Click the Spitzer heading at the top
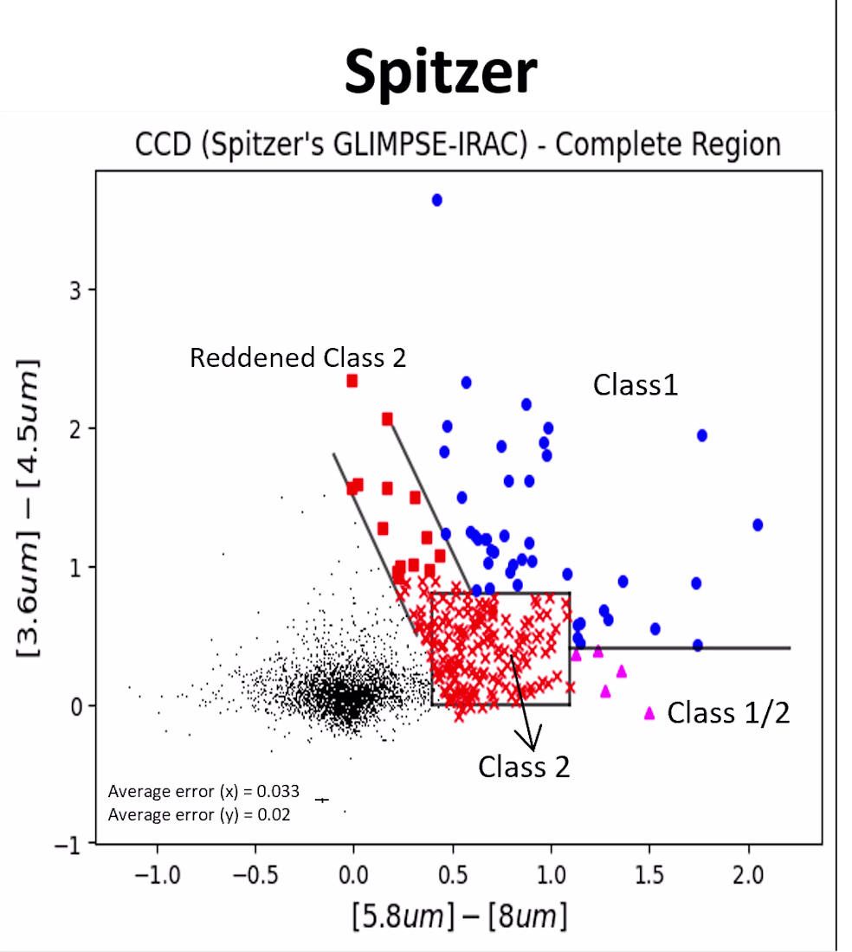point(440,72)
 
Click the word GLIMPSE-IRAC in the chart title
point(430,145)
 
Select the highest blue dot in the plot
point(436,200)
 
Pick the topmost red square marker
point(352,381)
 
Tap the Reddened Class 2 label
point(298,357)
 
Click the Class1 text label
point(636,385)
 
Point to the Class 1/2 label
point(728,713)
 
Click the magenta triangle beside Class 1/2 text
point(649,713)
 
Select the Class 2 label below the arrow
point(524,767)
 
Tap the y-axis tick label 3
point(74,290)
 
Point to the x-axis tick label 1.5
point(649,875)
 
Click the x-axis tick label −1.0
point(158,875)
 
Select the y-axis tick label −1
point(68,845)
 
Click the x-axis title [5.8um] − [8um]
point(460,916)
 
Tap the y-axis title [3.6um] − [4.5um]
point(29,508)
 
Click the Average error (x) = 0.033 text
point(203,791)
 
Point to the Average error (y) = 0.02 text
point(199,814)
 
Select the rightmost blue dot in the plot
point(758,524)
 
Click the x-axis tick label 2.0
point(747,875)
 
